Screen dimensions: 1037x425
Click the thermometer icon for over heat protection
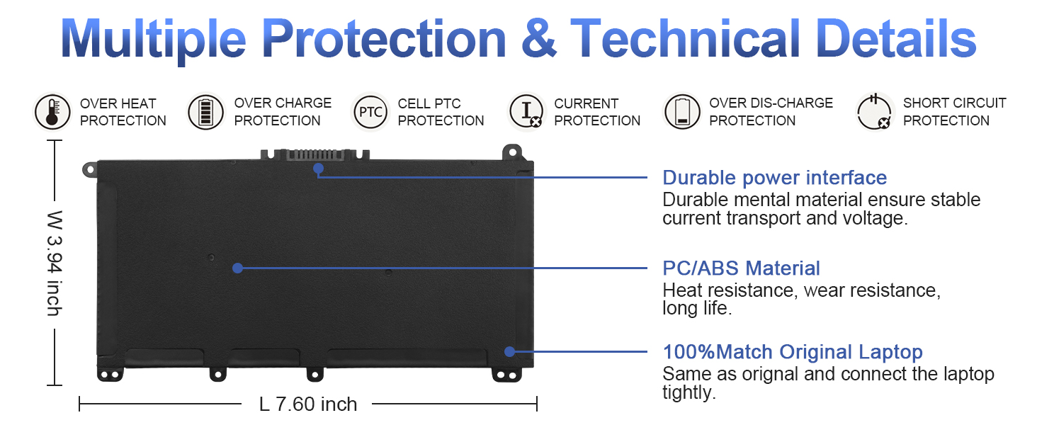point(52,112)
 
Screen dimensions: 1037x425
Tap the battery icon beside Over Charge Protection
point(205,112)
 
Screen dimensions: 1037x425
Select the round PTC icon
point(370,112)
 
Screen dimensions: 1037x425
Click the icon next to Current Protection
point(526,112)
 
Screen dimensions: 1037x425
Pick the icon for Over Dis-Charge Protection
point(682,112)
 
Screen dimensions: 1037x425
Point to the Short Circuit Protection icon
point(874,112)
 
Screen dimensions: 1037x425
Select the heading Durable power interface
point(774,178)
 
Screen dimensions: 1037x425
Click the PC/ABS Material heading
point(741,268)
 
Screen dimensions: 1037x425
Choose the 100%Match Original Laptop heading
point(793,352)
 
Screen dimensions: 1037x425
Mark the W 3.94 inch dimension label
point(55,263)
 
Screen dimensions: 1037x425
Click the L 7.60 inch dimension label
point(308,404)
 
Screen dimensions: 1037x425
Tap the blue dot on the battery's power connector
point(318,169)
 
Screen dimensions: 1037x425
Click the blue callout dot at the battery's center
point(237,268)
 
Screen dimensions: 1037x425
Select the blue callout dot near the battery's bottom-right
point(509,352)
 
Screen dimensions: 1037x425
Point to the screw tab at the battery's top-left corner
point(89,169)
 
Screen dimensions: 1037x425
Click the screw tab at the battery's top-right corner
point(512,152)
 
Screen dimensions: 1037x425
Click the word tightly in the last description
point(689,392)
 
